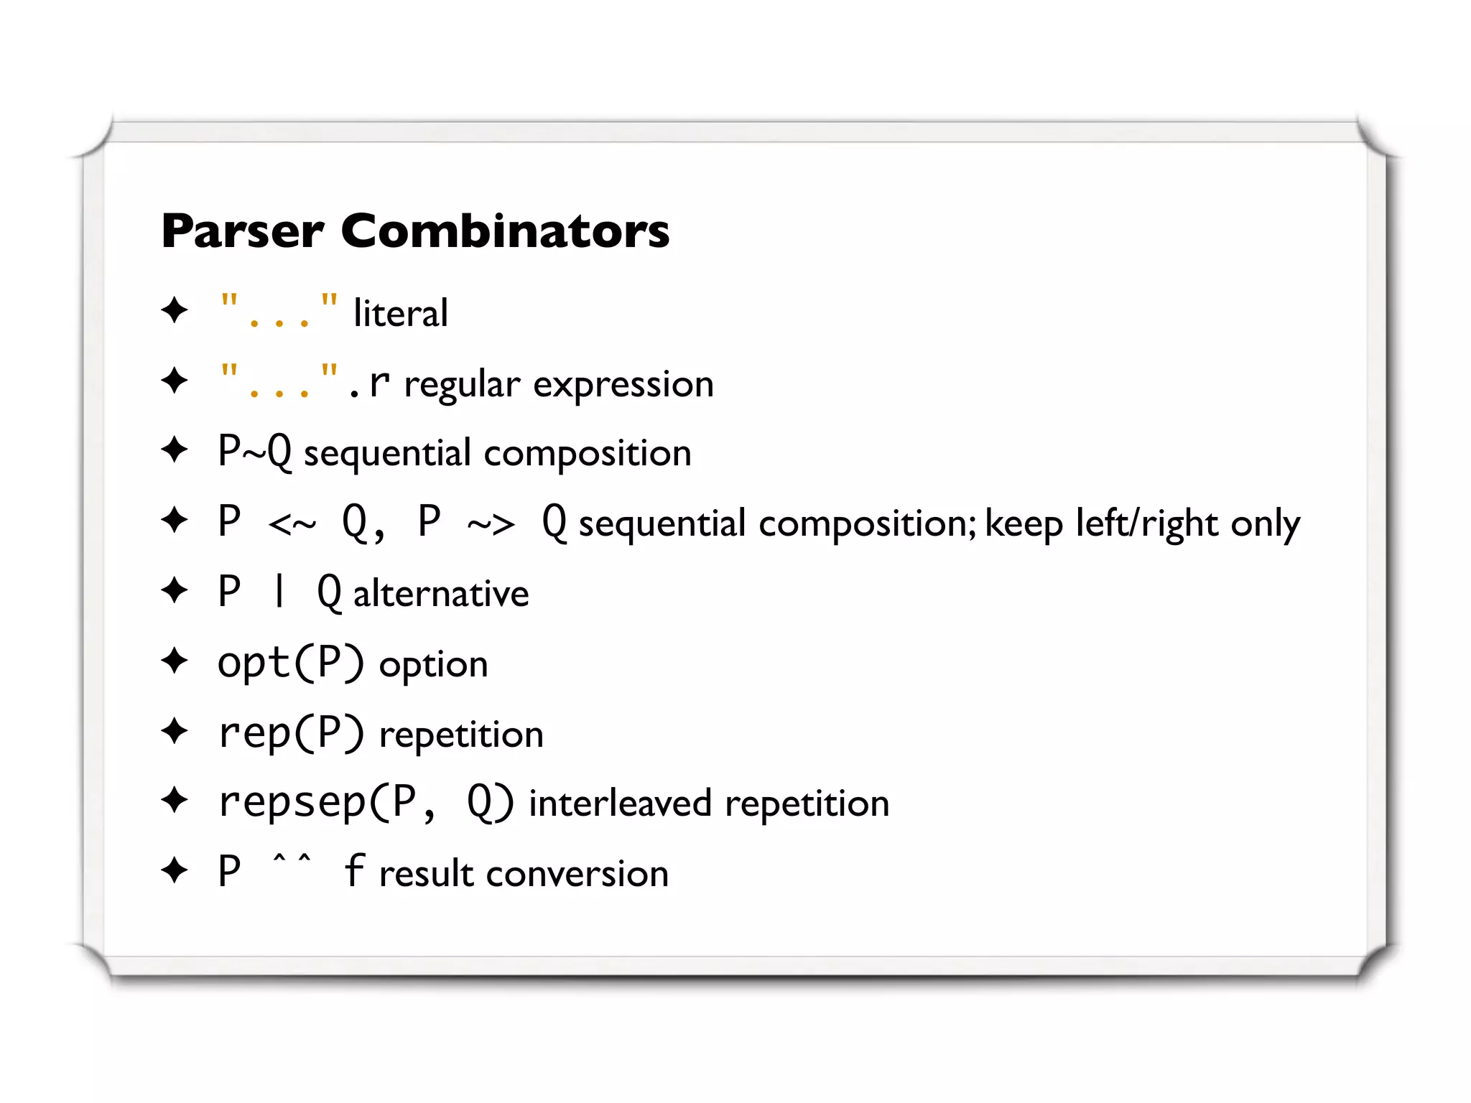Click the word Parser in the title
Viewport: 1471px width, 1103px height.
(x=243, y=232)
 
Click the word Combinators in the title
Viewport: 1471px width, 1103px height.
(x=505, y=232)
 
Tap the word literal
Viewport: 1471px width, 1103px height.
(x=401, y=314)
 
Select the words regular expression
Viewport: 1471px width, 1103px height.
(x=559, y=384)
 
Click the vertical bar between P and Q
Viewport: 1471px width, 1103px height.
(x=279, y=592)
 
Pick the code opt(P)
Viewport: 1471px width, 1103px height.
(x=291, y=663)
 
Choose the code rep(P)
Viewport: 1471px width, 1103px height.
(x=291, y=733)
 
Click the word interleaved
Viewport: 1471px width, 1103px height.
(x=620, y=804)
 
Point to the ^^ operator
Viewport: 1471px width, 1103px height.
(x=292, y=860)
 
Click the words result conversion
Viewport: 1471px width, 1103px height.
(x=524, y=874)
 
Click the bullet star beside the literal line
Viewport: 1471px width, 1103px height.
(x=175, y=310)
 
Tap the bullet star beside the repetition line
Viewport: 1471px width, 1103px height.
(x=175, y=732)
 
